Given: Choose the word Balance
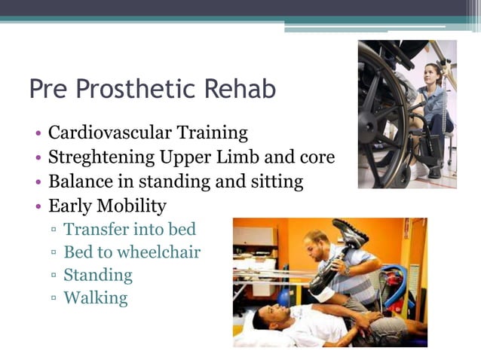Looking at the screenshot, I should point(79,182).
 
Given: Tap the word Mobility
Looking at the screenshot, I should point(134,206).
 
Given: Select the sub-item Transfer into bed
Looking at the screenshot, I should point(129,229).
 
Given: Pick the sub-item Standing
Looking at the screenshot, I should point(97,275).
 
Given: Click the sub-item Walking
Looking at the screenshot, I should point(95,298).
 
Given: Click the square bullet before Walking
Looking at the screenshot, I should point(54,299).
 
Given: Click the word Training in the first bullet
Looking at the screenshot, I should point(212,133).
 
